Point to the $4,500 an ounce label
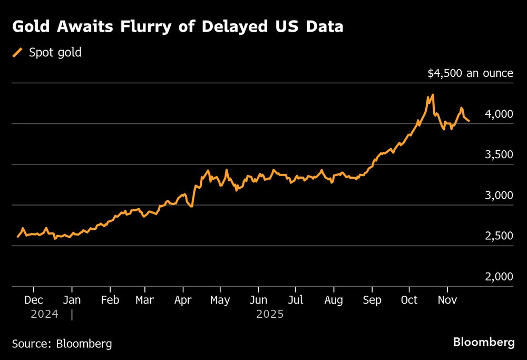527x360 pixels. pyautogui.click(x=470, y=73)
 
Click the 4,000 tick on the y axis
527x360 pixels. pyautogui.click(x=497, y=114)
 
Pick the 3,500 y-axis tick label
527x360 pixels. pyautogui.click(x=497, y=154)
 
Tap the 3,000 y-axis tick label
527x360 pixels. pyautogui.click(x=497, y=195)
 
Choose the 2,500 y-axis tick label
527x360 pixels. pyautogui.click(x=497, y=236)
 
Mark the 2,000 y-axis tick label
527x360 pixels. pyautogui.click(x=497, y=277)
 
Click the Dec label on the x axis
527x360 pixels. pyautogui.click(x=34, y=300)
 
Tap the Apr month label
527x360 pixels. pyautogui.click(x=183, y=300)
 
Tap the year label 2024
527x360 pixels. pyautogui.click(x=44, y=315)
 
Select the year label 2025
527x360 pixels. pyautogui.click(x=270, y=315)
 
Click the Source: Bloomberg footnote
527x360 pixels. pyautogui.click(x=62, y=344)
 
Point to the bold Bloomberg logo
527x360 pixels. pyautogui.click(x=484, y=343)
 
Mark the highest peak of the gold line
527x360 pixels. pyautogui.click(x=433, y=95)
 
